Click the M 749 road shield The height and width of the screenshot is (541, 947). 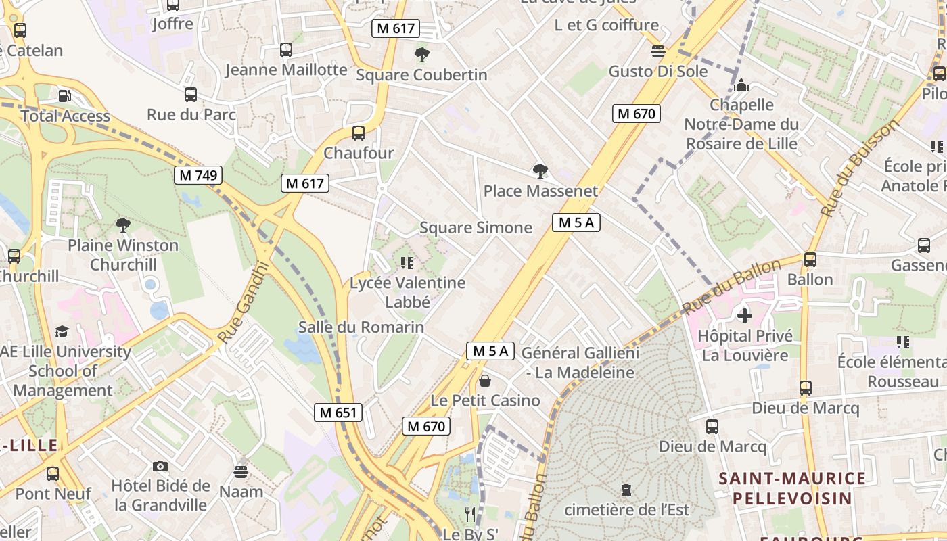coord(198,175)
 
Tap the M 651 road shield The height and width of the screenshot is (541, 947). coord(338,412)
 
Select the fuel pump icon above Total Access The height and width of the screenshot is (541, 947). coord(64,97)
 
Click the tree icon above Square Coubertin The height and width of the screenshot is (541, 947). coord(421,54)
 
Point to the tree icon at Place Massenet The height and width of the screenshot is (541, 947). coord(540,171)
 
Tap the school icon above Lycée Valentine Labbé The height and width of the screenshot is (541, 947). coord(407,262)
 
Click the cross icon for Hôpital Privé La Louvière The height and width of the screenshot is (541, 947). coord(744,315)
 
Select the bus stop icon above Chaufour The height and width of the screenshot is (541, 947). coord(358,133)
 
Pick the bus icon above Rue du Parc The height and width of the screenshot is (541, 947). coord(191,95)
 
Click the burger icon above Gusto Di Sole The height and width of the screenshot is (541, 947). coord(657,51)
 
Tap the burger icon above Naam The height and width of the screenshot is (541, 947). coord(241,471)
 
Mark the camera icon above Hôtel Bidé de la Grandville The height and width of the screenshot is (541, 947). coord(160,466)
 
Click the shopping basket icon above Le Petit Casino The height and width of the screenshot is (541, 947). coord(484,381)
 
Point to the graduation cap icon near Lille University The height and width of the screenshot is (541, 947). coord(62,331)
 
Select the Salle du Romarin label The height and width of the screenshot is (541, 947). coord(361,327)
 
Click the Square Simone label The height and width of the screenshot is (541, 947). coord(476,228)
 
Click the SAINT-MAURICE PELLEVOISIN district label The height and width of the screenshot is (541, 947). coord(791,488)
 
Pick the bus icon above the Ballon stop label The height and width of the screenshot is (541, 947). coord(810,260)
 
